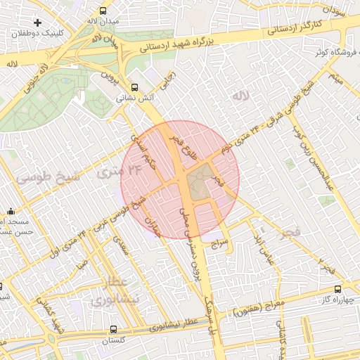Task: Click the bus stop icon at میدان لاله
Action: point(103,11)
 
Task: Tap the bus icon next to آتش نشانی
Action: point(134,87)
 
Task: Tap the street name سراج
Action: point(218,243)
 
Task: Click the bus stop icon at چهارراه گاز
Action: point(338,289)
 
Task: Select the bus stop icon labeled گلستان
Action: point(114,328)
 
